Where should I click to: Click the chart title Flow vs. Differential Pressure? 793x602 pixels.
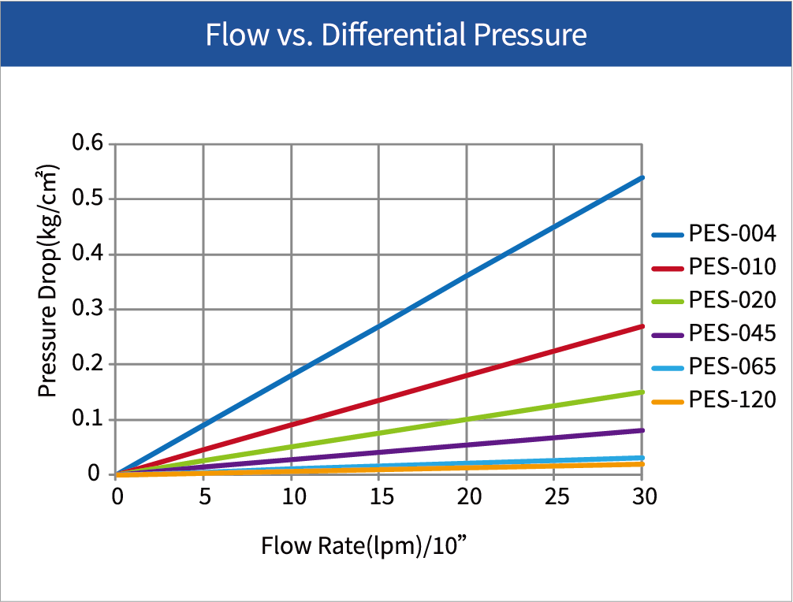396,35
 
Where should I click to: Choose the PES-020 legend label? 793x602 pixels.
732,300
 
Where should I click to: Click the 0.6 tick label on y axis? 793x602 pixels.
87,144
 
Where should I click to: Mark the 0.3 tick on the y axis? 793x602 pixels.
87,309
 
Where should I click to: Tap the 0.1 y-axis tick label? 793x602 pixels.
87,419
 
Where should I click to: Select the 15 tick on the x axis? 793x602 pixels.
379,498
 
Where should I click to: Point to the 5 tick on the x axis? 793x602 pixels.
204,498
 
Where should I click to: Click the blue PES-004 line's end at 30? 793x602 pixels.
642,178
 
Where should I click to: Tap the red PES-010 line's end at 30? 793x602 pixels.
642,326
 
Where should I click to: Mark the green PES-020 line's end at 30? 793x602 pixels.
642,392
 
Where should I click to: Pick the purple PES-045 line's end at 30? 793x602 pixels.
642,430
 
